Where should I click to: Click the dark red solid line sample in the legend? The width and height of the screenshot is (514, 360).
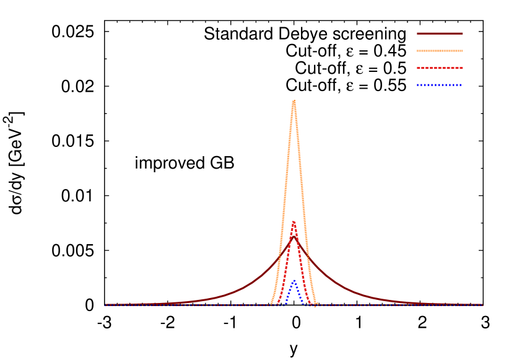tap(440, 33)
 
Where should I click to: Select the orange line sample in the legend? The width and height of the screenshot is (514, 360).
tap(440, 51)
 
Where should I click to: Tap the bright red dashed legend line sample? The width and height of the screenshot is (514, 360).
tap(440, 68)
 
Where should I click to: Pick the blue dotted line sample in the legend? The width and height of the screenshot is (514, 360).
tap(440, 85)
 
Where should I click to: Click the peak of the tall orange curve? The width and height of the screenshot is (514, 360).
tap(294, 101)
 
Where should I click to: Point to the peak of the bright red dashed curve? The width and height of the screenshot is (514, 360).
tap(294, 222)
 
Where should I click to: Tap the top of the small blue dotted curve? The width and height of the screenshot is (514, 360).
tap(294, 280)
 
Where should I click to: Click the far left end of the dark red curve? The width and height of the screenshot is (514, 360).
tap(105, 304)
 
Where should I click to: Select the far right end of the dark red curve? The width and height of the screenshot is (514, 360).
tap(482, 304)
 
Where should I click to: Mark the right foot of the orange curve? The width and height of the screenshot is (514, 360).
tap(317, 304)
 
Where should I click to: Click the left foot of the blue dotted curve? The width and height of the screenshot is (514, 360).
tap(285, 304)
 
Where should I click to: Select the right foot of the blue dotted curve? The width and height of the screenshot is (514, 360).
tap(303, 304)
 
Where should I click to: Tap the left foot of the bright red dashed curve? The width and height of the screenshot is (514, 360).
tap(277, 304)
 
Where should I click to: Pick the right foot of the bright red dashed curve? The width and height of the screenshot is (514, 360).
tap(310, 304)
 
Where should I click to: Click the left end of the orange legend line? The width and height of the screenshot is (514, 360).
tap(417, 51)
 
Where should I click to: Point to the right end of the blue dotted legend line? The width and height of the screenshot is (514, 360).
tap(461, 85)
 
